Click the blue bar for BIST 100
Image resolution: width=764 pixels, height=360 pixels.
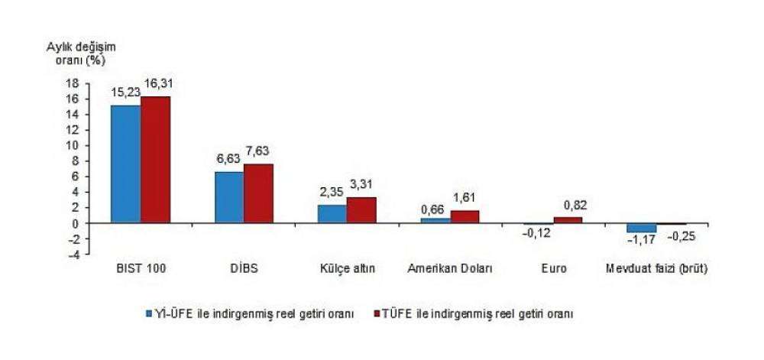[125, 164]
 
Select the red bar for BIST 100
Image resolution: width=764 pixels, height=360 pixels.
[155, 160]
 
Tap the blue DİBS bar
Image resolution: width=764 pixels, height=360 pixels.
[229, 197]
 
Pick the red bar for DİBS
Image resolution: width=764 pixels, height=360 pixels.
[258, 193]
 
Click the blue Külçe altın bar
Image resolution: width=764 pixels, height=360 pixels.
[332, 214]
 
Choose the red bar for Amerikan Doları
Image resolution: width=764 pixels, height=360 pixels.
[465, 217]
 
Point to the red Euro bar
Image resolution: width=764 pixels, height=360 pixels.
[568, 220]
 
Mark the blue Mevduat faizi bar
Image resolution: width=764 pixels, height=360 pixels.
[642, 228]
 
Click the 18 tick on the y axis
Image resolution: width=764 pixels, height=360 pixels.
[73, 83]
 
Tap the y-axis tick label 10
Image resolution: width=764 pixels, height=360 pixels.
[73, 145]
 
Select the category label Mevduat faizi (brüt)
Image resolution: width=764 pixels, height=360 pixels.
[656, 269]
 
